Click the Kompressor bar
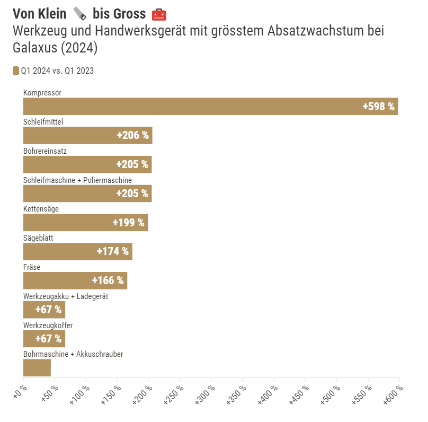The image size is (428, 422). (x=210, y=107)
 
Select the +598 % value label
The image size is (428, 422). (x=378, y=107)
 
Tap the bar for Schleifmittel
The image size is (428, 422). (x=87, y=136)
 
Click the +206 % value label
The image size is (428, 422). (x=132, y=136)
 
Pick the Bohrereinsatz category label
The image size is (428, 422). (x=45, y=151)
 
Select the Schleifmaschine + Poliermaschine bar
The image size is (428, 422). (x=87, y=194)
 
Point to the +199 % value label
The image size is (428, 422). (x=128, y=223)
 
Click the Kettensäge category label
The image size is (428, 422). (x=41, y=209)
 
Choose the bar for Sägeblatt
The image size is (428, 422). (x=77, y=252)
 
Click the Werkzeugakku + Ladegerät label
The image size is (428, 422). (x=66, y=296)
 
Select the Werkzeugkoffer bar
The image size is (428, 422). (x=44, y=339)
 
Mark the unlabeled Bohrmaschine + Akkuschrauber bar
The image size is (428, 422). (x=37, y=368)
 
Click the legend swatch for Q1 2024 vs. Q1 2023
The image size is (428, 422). (x=16, y=71)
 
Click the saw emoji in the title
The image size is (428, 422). (x=79, y=14)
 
